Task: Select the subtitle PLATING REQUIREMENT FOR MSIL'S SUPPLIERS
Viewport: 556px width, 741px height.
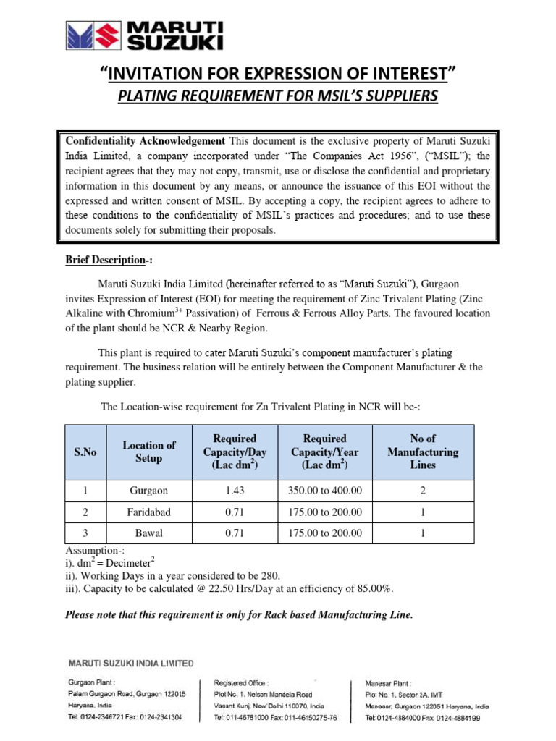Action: [278, 96]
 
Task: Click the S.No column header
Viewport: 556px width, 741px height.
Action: [85, 452]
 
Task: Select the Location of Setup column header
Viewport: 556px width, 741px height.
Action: [148, 452]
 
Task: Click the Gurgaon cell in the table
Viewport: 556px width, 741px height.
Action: [148, 491]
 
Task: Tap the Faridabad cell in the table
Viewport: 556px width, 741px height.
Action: [148, 512]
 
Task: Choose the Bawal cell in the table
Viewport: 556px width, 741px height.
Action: [148, 533]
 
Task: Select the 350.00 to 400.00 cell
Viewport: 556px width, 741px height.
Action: [325, 491]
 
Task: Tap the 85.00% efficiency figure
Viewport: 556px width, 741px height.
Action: [373, 588]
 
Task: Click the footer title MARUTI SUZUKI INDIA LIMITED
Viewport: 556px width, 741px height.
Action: [130, 662]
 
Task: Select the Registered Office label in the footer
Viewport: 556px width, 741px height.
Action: [241, 682]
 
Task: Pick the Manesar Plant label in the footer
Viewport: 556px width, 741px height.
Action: [389, 682]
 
